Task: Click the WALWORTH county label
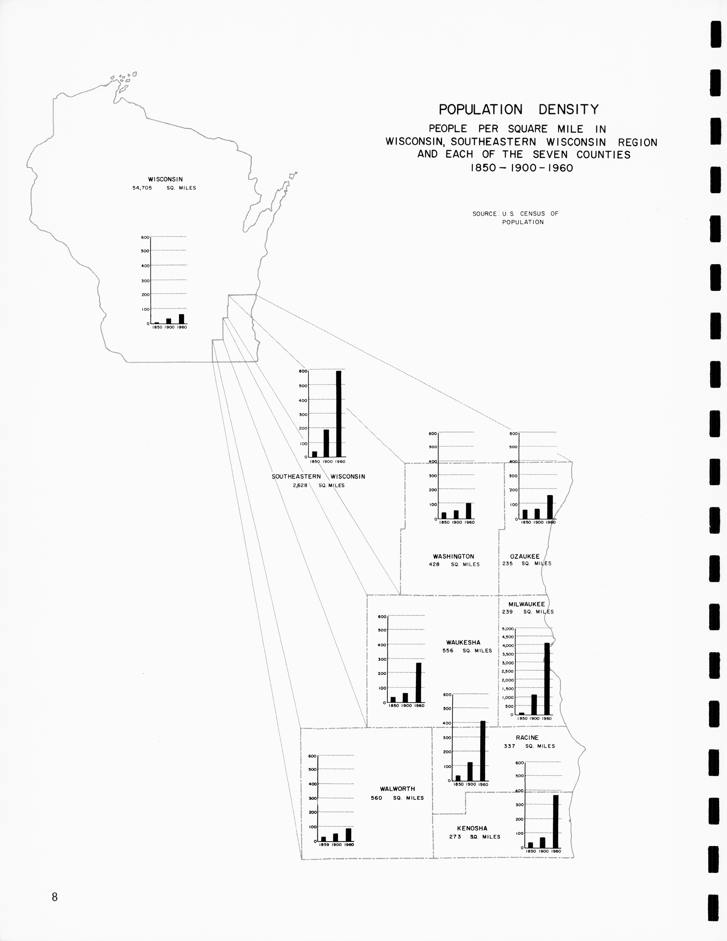[397, 789]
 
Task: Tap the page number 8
[55, 897]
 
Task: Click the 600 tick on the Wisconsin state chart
[145, 237]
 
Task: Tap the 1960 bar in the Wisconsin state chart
[182, 319]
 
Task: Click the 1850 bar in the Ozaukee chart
[525, 514]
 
